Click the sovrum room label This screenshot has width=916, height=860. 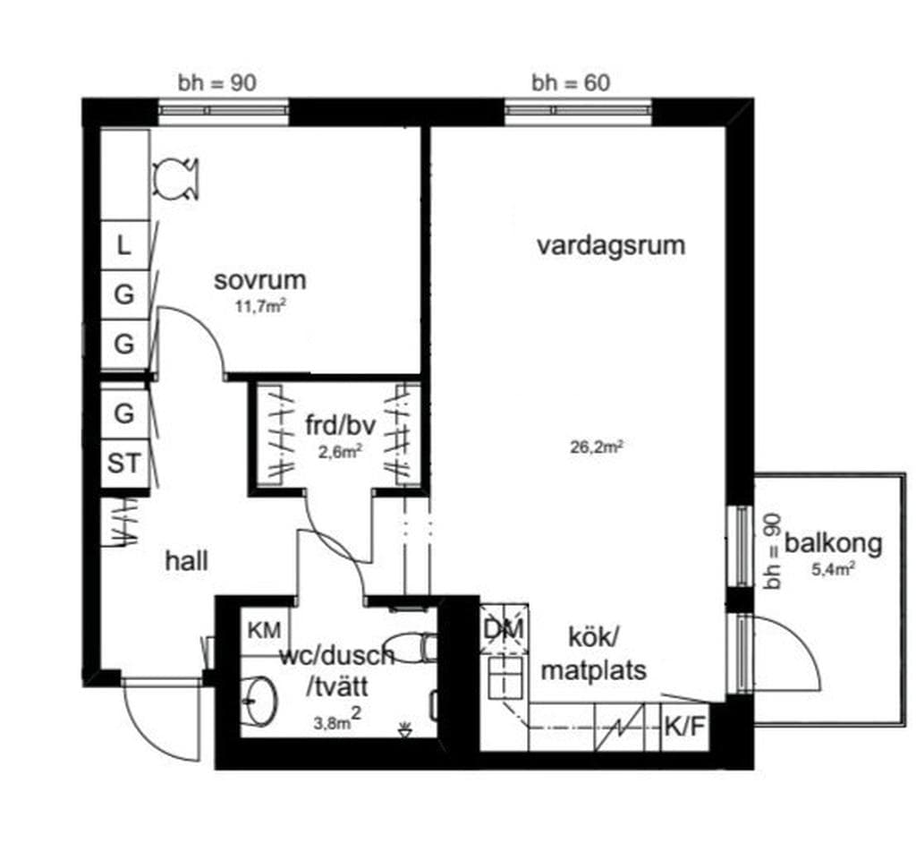point(260,280)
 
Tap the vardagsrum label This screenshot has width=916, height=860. point(611,245)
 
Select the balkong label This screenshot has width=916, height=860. point(834,543)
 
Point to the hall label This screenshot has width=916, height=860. point(187,561)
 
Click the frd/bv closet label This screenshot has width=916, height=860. point(340,425)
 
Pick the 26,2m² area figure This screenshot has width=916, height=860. point(596,447)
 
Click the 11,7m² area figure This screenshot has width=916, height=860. point(260,306)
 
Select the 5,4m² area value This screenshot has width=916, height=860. point(834,568)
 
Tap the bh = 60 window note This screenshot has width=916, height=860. point(571,83)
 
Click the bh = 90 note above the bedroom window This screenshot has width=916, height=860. point(217,83)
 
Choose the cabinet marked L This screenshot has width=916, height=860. point(124,245)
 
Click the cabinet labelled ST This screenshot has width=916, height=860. point(124,464)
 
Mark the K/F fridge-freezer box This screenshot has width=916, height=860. point(685,728)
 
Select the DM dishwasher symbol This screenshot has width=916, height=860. point(505,630)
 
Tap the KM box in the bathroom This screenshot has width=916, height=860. point(265,631)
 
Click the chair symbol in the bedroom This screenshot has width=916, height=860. point(175,178)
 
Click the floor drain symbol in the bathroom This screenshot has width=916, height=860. point(403,729)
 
